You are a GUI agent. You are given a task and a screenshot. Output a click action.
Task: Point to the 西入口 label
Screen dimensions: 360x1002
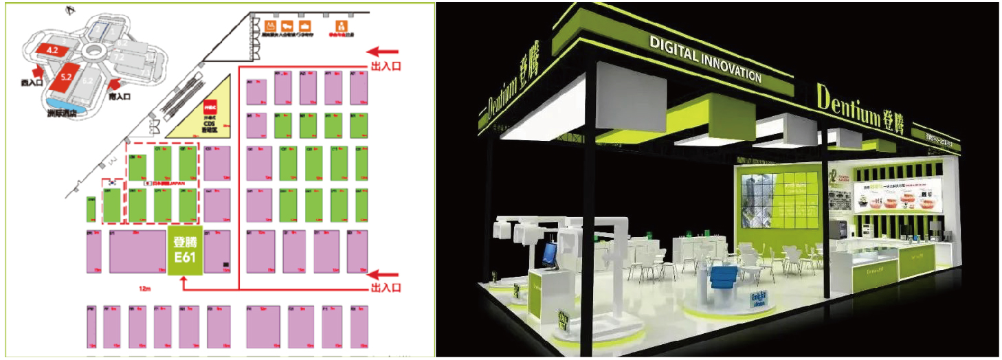[x=31, y=82]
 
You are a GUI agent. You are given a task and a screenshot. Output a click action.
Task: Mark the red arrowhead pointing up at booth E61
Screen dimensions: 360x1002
[x=185, y=282]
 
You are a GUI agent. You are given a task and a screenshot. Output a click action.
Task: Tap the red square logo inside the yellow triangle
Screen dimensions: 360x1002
[x=210, y=106]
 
